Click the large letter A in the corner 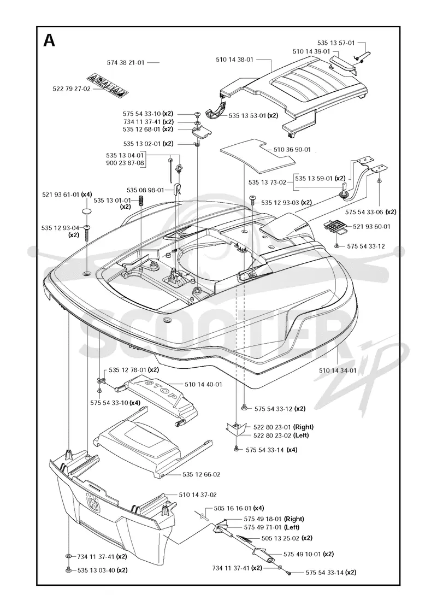[49, 40]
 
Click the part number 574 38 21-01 [126, 62]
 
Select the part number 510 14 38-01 [234, 60]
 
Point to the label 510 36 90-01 [292, 150]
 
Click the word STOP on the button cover [161, 389]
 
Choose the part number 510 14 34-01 [338, 370]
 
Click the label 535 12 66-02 [202, 475]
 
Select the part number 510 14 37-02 [198, 495]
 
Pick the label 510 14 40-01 [203, 385]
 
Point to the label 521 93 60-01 [371, 226]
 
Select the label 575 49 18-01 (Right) [274, 519]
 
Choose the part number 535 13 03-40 [96, 570]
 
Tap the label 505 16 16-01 [233, 508]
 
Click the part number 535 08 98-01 [145, 190]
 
